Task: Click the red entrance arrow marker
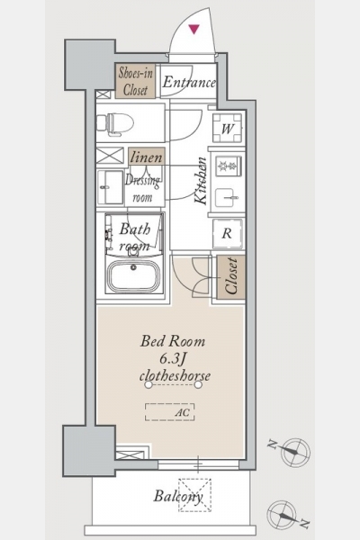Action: click(194, 30)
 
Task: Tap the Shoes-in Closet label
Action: click(136, 81)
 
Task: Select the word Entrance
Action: click(189, 82)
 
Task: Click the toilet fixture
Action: click(115, 122)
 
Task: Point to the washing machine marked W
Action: click(227, 128)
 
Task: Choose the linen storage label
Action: click(147, 157)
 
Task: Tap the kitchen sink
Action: click(227, 198)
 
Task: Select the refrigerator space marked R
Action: click(228, 233)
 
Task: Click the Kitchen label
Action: click(201, 181)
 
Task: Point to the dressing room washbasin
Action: click(110, 187)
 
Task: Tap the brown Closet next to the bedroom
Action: click(230, 277)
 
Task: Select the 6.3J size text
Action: click(173, 359)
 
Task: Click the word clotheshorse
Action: click(175, 375)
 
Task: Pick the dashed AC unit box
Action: click(169, 412)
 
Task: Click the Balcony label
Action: click(178, 496)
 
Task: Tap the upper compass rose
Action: click(295, 451)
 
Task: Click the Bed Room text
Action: click(173, 341)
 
